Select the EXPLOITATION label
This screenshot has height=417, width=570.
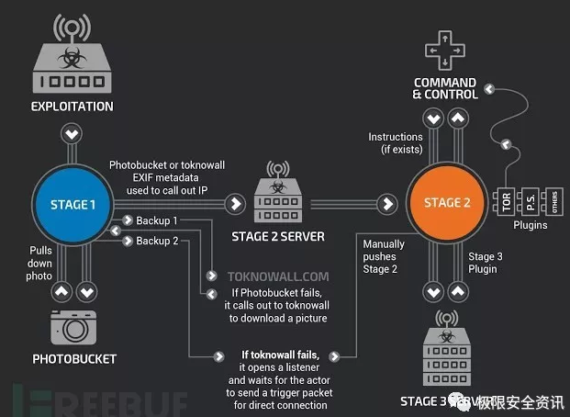click(73, 107)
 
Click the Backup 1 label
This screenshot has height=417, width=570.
click(157, 221)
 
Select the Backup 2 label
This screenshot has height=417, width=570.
click(157, 241)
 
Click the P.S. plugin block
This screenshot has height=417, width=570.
click(530, 200)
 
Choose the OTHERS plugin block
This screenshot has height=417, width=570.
click(553, 200)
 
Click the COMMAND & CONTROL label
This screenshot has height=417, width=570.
click(445, 87)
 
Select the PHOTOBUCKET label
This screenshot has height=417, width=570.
click(73, 357)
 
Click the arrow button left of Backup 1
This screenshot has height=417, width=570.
click(127, 221)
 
